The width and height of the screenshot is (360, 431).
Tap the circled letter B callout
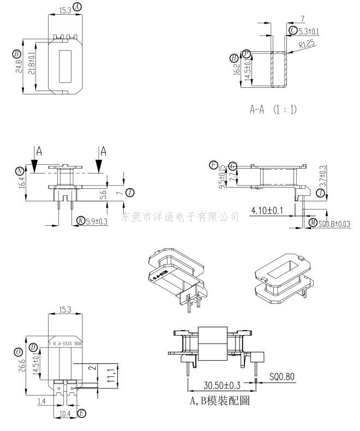pyautogui.click(x=16, y=53)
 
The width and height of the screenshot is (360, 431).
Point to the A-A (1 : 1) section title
pyautogui.click(x=273, y=110)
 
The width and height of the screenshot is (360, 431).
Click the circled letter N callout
pyautogui.click(x=20, y=171)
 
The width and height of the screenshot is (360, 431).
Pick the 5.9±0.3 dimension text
pyautogui.click(x=97, y=221)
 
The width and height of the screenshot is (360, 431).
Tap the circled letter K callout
pyautogui.click(x=80, y=220)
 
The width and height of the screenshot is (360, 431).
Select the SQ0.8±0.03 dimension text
pyautogui.click(x=334, y=224)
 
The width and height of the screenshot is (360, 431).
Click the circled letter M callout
pyautogui.click(x=313, y=223)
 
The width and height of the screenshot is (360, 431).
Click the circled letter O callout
pyautogui.click(x=18, y=351)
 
